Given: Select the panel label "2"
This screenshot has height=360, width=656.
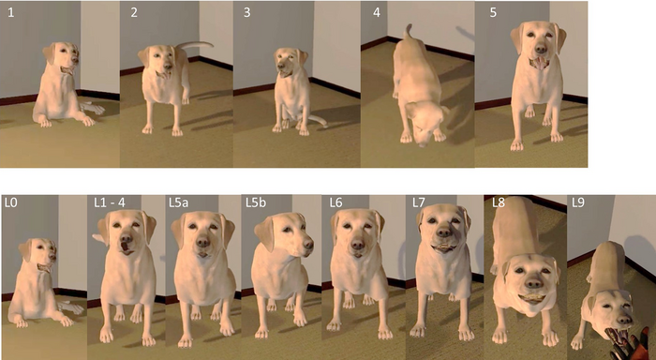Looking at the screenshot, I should tap(133, 13).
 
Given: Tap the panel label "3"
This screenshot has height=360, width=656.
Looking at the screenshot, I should tap(247, 13).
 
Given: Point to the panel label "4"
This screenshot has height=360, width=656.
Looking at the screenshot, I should tap(375, 13).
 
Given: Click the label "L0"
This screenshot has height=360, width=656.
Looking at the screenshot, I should tap(12, 203).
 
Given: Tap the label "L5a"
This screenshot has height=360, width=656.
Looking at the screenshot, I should tap(182, 203).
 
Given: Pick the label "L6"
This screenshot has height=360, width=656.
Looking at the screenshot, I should tap(337, 203).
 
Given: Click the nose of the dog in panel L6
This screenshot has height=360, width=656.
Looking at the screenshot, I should tap(357, 245).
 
